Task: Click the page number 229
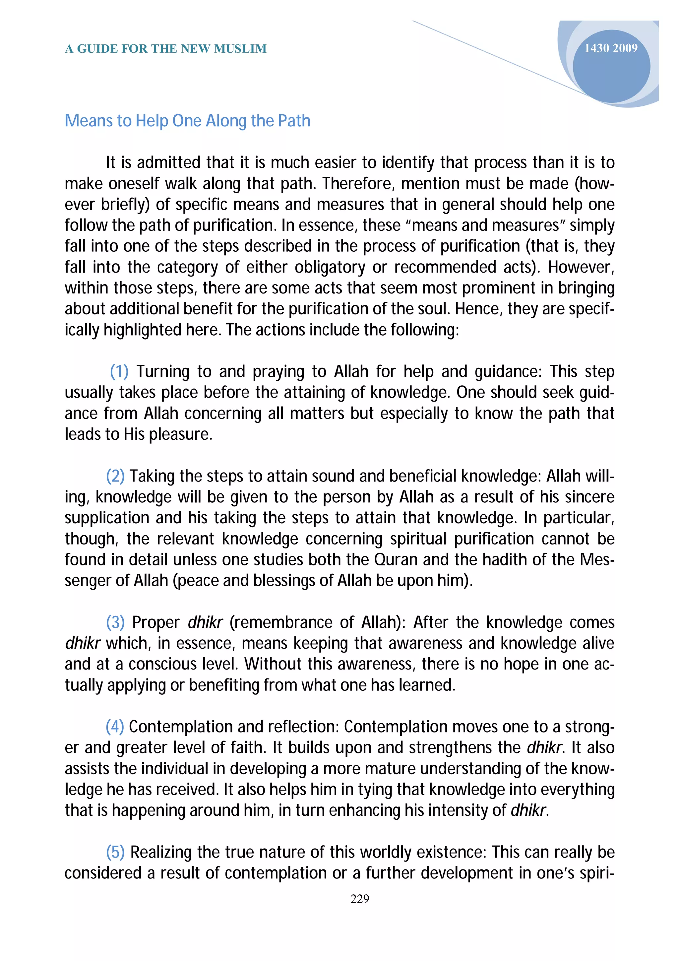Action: pos(359,899)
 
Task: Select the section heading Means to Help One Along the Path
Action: pos(187,121)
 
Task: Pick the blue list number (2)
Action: pos(115,476)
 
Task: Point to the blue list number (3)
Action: pos(115,622)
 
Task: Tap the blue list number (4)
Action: pos(115,727)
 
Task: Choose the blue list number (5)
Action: pos(115,852)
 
